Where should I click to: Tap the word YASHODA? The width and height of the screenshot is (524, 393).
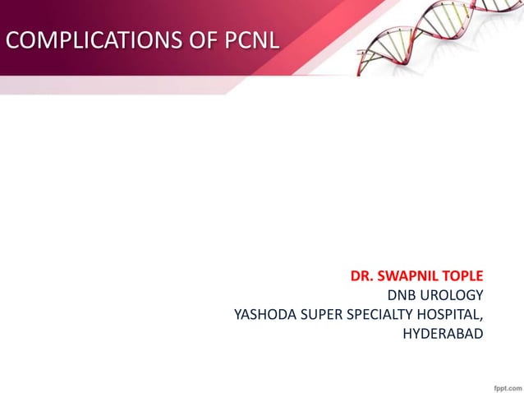(264, 314)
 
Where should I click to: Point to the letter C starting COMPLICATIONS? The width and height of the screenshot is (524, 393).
(11, 39)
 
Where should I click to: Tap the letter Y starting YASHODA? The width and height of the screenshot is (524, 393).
(238, 314)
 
